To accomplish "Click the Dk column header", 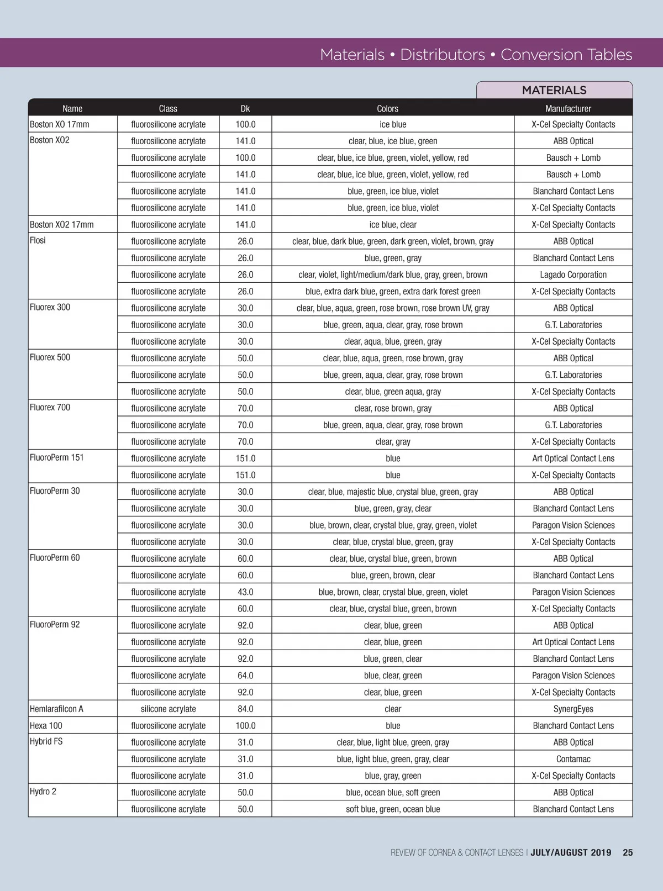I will pos(245,109).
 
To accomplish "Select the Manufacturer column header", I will pos(568,109).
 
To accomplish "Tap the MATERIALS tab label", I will pos(554,90).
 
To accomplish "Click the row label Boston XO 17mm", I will pos(60,124).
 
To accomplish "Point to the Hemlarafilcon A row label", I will pos(57,709).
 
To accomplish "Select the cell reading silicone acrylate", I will pos(169,709).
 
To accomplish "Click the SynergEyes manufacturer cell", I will pos(573,709).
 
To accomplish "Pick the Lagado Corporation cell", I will pos(573,275).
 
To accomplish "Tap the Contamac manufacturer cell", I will pos(573,759).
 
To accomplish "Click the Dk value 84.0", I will pos(245,709).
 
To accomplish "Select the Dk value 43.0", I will pos(245,592).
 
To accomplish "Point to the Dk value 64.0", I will pos(245,676).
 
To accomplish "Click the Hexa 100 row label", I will pos(46,726).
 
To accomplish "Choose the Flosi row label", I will pos(38,240).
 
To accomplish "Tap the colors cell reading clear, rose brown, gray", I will pos(393,408).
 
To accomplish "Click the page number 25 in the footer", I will pos(628,852).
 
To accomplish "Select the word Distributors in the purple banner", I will pos(443,55).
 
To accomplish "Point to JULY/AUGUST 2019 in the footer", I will pos(571,852).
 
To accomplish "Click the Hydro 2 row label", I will pos(43,792).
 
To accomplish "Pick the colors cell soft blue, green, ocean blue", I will pos(393,809).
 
